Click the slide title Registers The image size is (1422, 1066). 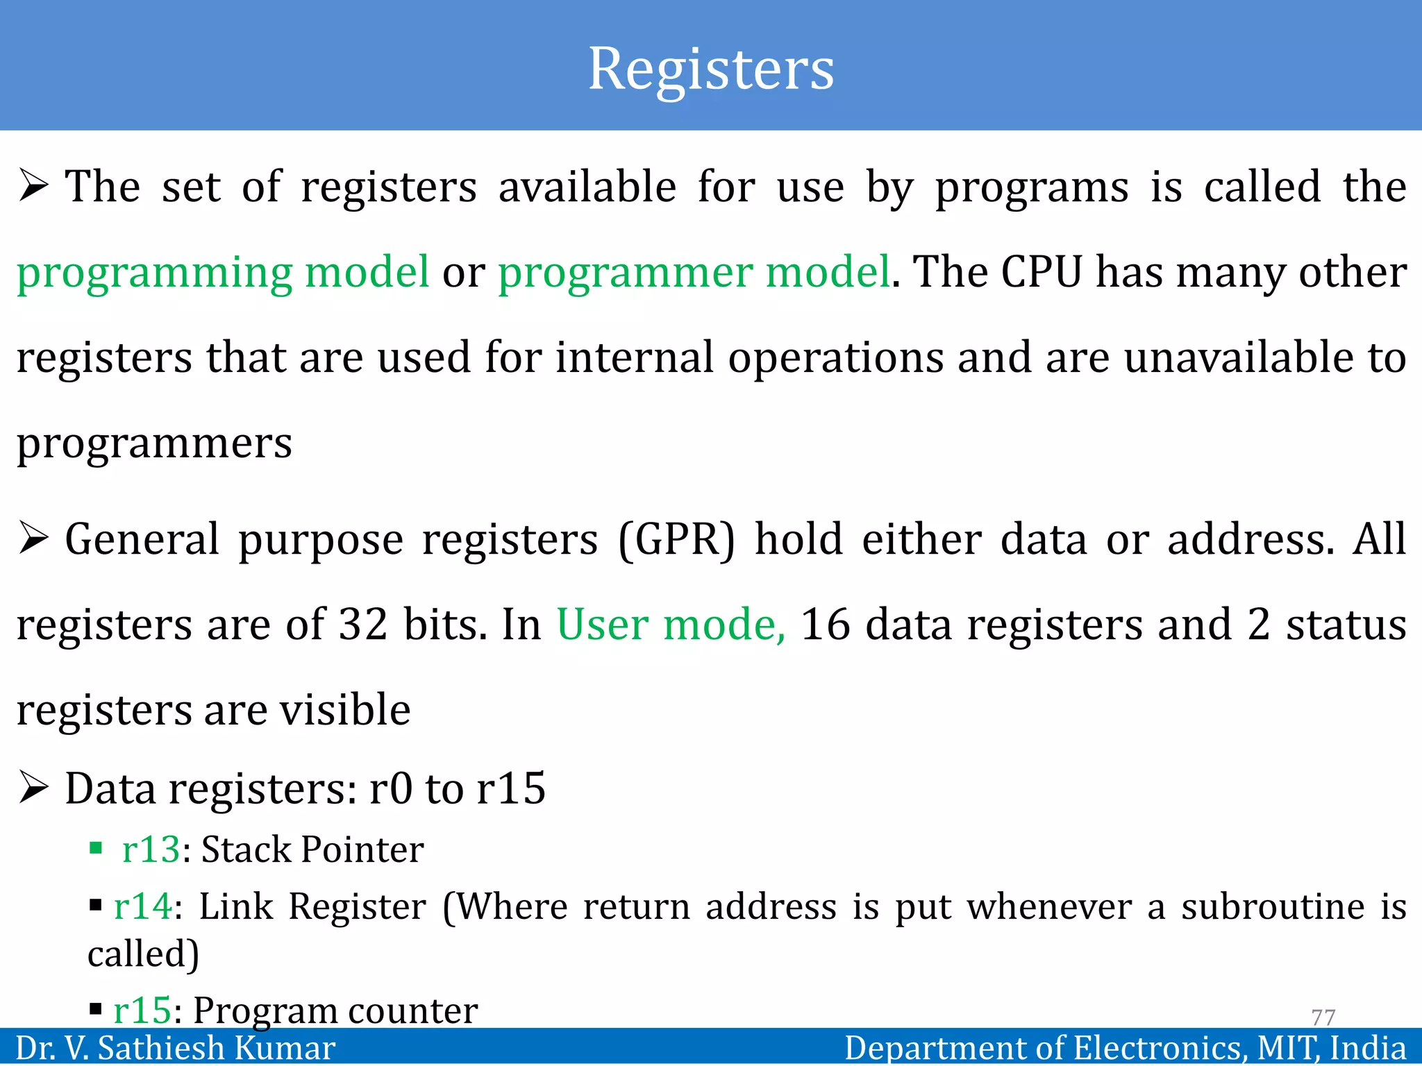coord(711,69)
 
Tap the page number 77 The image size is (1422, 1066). coord(1323,1017)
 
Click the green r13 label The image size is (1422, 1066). coord(151,849)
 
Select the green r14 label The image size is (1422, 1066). coord(143,906)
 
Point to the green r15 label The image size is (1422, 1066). coord(142,1010)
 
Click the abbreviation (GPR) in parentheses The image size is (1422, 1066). coord(676,540)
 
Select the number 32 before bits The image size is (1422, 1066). coord(362,625)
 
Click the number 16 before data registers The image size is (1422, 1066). coord(825,625)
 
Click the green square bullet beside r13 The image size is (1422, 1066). coord(96,848)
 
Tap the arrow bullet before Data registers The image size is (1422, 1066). coord(33,788)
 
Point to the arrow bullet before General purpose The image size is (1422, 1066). coord(33,539)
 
